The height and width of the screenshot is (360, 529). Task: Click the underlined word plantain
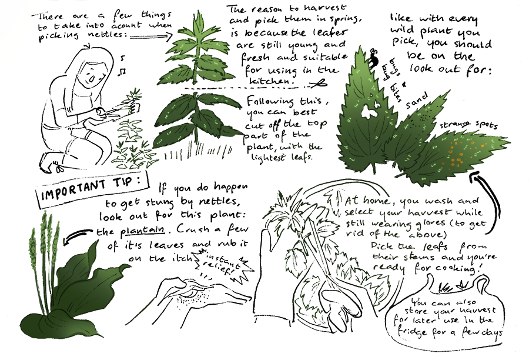point(142,231)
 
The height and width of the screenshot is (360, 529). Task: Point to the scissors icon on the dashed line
point(319,84)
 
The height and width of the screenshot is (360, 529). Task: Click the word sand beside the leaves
point(417,101)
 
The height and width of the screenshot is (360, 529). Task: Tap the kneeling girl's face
point(92,76)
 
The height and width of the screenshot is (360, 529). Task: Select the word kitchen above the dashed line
point(270,81)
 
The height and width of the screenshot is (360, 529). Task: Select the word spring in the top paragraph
point(345,19)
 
